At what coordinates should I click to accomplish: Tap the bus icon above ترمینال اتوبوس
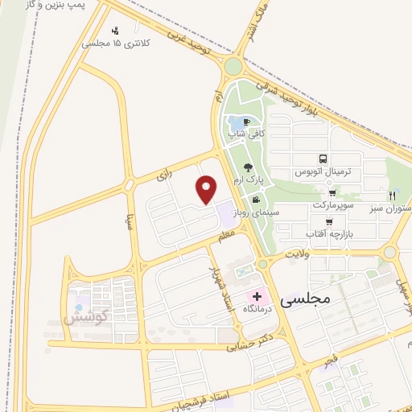pyautogui.click(x=323, y=159)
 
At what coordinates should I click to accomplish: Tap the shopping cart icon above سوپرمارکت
pyautogui.click(x=332, y=194)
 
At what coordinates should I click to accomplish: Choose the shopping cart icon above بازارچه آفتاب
pyautogui.click(x=328, y=221)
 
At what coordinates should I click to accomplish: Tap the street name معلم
pyautogui.click(x=226, y=234)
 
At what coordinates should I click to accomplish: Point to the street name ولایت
pyautogui.click(x=295, y=254)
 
